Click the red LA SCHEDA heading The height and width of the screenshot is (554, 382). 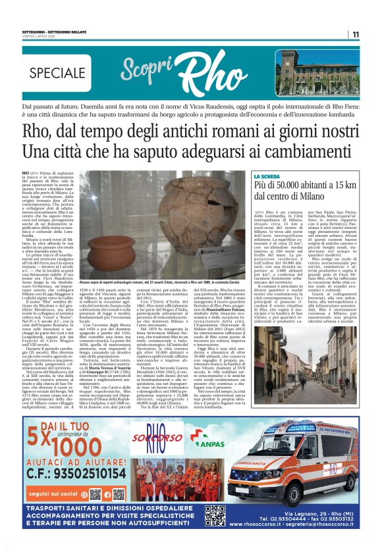tap(269, 177)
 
